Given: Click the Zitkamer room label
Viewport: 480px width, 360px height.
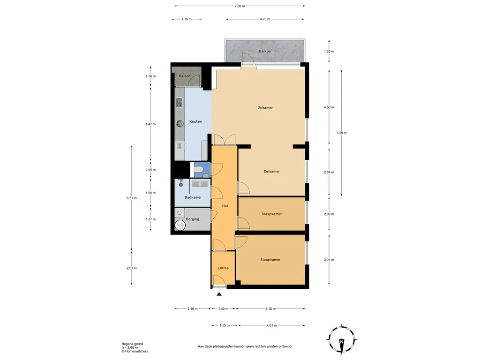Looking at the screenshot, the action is (x=265, y=108).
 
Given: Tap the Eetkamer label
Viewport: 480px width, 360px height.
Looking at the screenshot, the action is (x=271, y=172).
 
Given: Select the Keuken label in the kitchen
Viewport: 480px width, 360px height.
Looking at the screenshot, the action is (x=195, y=121).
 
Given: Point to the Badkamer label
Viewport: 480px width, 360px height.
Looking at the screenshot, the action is (x=193, y=197).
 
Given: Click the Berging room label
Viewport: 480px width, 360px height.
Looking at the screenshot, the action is (x=193, y=219).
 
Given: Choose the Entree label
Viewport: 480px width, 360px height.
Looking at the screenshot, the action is (x=223, y=268).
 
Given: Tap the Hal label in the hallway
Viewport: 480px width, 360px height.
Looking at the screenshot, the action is (x=225, y=206).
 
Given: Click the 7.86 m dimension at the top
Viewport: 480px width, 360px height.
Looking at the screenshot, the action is (x=240, y=6).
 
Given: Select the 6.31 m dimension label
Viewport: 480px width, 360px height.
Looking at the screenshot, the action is (x=132, y=198).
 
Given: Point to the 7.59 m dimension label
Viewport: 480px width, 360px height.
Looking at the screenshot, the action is (x=342, y=133).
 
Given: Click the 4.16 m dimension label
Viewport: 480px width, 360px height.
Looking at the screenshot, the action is (x=270, y=308).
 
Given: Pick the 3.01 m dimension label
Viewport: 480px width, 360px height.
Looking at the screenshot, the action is (x=329, y=260).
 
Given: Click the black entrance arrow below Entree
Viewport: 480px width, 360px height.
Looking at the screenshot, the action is (x=219, y=294).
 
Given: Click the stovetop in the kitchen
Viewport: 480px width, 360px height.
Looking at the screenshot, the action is (x=180, y=102).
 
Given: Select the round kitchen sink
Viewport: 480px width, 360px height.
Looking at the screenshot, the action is (x=180, y=123).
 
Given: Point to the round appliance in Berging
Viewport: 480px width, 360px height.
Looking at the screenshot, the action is (x=180, y=225).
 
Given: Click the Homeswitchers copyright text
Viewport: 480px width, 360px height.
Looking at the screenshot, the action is (x=135, y=352).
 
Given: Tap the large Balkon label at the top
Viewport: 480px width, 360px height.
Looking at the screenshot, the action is (x=265, y=52).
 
